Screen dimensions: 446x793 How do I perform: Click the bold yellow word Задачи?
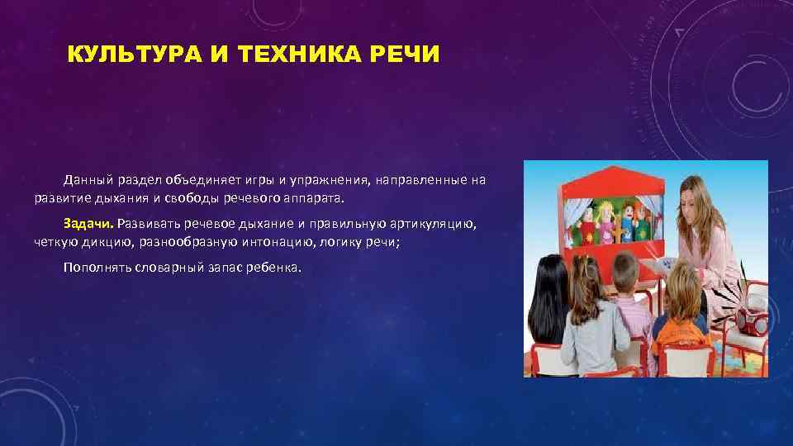point(88,224)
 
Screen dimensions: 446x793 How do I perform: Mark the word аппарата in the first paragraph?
point(321,198)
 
